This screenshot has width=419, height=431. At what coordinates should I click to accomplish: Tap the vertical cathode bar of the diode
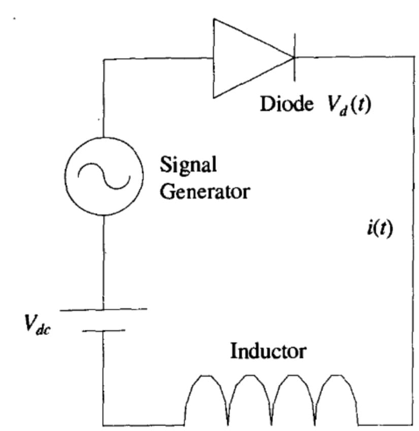tap(295, 58)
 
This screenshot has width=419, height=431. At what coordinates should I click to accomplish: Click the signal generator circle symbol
tap(105, 177)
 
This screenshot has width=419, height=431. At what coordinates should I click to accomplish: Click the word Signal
tap(188, 165)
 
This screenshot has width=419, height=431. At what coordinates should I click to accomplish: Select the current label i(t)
tap(379, 229)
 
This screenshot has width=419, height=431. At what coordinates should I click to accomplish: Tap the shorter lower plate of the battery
tap(104, 331)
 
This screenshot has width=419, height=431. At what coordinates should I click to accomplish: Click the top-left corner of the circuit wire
tap(104, 60)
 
